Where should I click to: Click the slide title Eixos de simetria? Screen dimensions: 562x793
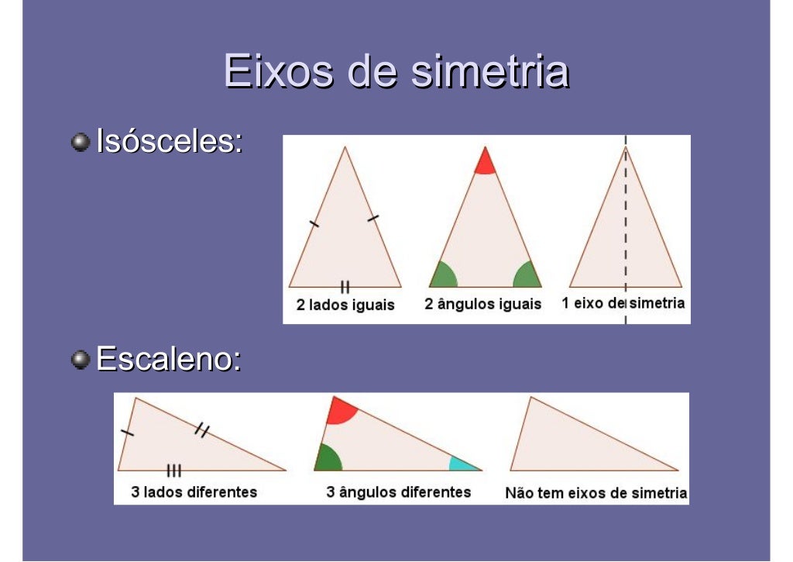click(396, 72)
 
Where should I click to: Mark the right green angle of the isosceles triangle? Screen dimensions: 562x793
click(527, 275)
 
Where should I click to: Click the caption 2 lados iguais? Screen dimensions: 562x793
click(345, 305)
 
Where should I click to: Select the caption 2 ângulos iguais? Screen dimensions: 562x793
click(482, 304)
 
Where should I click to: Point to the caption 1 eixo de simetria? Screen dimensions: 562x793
click(623, 303)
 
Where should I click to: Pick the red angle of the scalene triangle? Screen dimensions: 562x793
click(339, 410)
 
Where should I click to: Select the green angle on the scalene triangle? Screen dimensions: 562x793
click(328, 458)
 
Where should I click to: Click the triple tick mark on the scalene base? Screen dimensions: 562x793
click(174, 470)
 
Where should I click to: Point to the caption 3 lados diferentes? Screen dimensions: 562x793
click(194, 492)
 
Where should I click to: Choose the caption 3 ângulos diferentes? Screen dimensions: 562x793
click(398, 492)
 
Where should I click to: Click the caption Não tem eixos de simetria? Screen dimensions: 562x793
click(596, 493)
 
